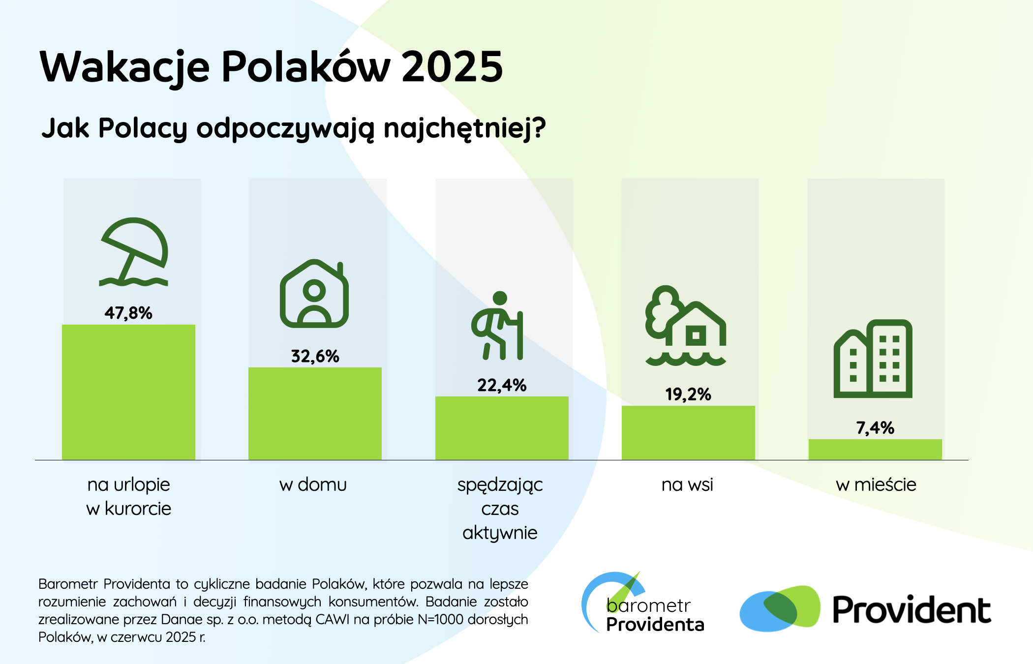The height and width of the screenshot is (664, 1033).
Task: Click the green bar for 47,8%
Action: click(x=128, y=392)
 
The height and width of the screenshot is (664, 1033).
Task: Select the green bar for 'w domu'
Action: click(x=315, y=414)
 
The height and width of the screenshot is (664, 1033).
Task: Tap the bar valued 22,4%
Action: click(x=502, y=428)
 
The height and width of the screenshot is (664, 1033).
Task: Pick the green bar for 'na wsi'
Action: click(x=688, y=433)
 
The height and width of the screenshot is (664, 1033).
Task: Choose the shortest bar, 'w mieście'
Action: click(x=875, y=450)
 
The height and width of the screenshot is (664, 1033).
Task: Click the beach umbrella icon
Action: click(x=134, y=252)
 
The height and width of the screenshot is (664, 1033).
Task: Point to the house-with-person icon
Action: click(x=314, y=294)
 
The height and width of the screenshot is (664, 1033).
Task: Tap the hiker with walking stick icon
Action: click(x=497, y=326)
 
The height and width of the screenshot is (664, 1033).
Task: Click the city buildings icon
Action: click(x=873, y=359)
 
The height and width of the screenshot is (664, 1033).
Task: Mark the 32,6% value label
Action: click(x=315, y=356)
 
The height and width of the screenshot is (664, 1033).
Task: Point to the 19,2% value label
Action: click(x=688, y=394)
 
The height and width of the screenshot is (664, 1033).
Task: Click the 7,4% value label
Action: click(x=875, y=428)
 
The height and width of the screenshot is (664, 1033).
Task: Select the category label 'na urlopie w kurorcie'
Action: click(x=129, y=496)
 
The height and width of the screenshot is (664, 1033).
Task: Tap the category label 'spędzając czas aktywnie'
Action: click(x=500, y=509)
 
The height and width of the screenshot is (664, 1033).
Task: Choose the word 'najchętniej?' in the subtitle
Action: click(x=465, y=129)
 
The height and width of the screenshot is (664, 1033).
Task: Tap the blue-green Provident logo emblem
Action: click(x=780, y=608)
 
